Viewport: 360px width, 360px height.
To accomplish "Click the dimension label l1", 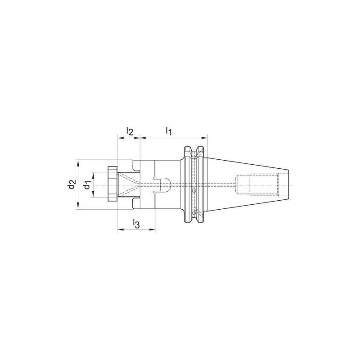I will pos(169,131).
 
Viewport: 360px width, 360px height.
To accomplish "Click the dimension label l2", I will pos(129,131).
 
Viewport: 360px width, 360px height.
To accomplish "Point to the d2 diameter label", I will pos(71,184).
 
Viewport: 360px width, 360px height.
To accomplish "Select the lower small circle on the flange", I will pos(194,213).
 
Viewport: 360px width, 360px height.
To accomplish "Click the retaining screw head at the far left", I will pos(112,185).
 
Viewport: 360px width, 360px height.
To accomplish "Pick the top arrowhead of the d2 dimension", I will pos(78,162).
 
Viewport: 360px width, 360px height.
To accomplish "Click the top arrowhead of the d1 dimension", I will pos(93,174).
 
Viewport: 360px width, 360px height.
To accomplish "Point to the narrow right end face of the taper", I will pos(287,185).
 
